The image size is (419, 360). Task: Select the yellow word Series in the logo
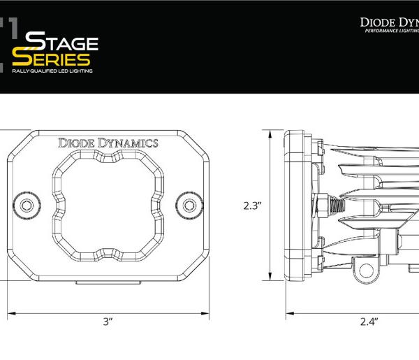click(51, 59)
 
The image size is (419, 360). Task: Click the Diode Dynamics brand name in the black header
click(389, 21)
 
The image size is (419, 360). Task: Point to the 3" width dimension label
click(108, 322)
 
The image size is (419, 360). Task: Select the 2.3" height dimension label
click(252, 206)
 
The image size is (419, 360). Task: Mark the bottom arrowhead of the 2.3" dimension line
click(271, 280)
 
